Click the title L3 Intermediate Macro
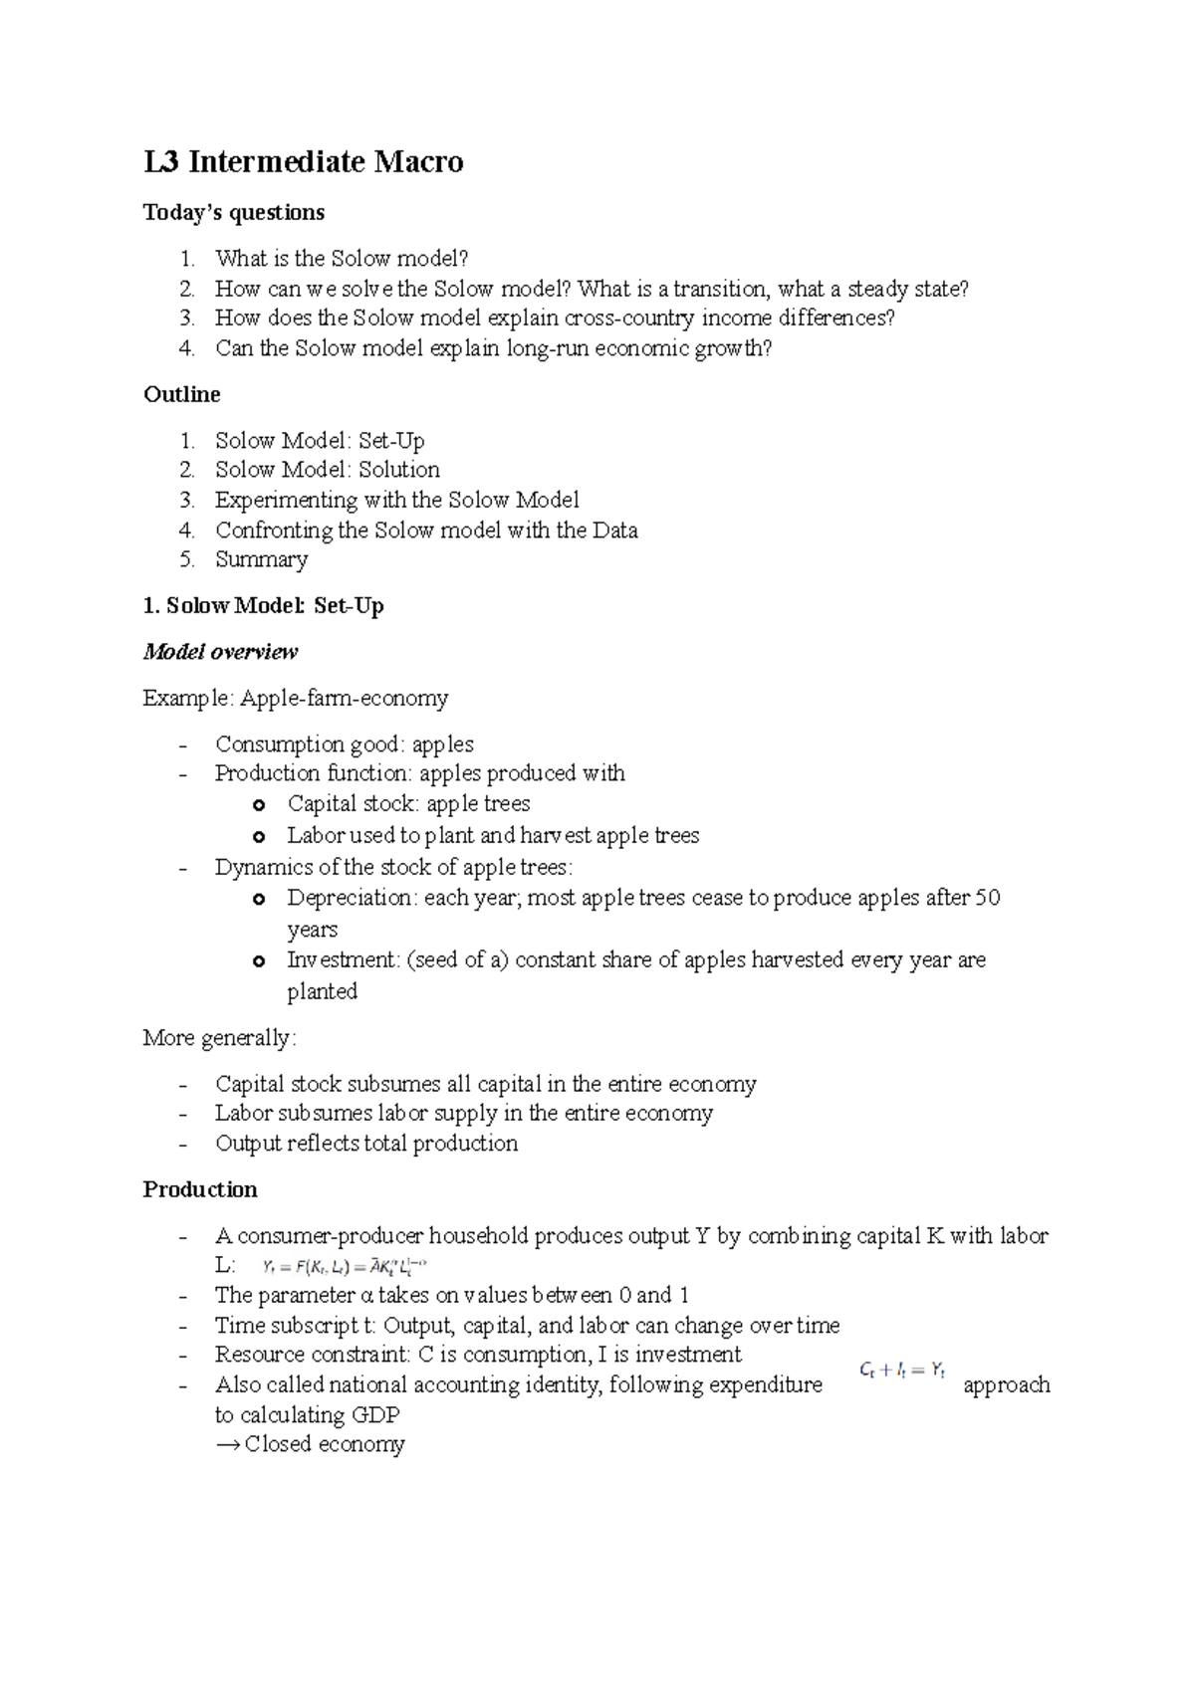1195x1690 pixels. (x=304, y=161)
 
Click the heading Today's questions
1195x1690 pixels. (x=234, y=212)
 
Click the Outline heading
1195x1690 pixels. (x=182, y=394)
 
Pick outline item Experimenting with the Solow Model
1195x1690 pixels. (x=396, y=500)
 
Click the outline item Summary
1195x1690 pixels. (x=261, y=559)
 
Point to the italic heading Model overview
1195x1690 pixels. (x=220, y=652)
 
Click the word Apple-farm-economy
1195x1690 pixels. (x=344, y=699)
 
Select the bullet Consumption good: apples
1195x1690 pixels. (x=344, y=744)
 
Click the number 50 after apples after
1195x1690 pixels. (x=987, y=898)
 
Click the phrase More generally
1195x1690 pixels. (x=219, y=1038)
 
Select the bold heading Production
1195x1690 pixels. (x=200, y=1190)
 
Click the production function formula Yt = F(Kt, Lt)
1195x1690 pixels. (x=344, y=1267)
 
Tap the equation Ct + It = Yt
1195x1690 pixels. (x=901, y=1371)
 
